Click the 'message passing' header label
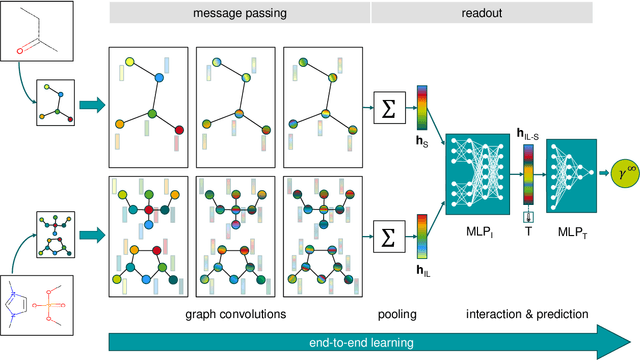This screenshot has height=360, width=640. coord(238,14)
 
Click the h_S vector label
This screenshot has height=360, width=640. coord(420,142)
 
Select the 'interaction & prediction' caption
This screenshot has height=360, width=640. coord(526,313)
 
